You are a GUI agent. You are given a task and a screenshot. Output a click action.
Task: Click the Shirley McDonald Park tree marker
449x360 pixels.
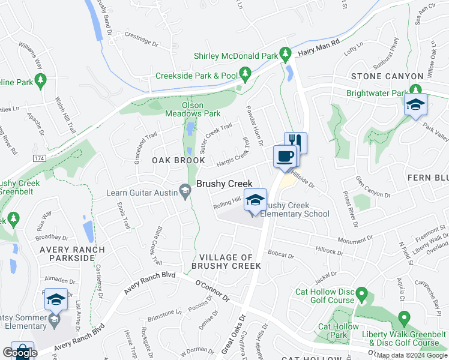[x=286, y=56]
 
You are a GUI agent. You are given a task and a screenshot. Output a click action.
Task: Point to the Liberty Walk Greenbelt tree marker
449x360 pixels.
[x=404, y=317]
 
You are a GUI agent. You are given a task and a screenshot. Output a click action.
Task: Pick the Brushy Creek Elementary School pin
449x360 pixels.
[x=255, y=200]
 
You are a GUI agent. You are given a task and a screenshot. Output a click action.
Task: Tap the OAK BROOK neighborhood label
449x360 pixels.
[x=174, y=161]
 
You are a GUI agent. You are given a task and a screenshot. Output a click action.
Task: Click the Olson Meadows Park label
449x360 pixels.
[x=201, y=109]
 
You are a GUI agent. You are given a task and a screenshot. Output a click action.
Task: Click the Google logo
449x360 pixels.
[x=20, y=352]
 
